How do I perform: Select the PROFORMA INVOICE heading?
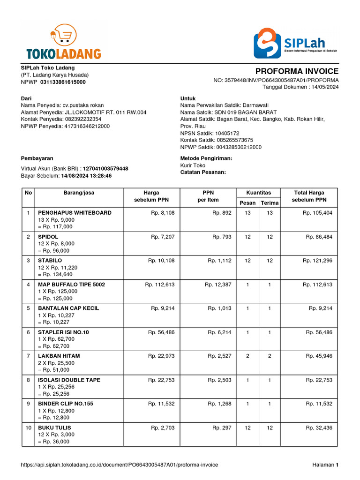(297, 71)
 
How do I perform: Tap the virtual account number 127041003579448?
(105, 169)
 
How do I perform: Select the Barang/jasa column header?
(79, 193)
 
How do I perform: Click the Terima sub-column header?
(270, 202)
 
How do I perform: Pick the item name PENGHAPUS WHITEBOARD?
(75, 213)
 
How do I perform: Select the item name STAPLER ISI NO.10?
(63, 332)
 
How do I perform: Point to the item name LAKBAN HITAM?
(59, 356)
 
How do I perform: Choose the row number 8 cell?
(28, 380)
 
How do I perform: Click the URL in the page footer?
(120, 465)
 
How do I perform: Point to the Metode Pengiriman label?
(206, 158)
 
